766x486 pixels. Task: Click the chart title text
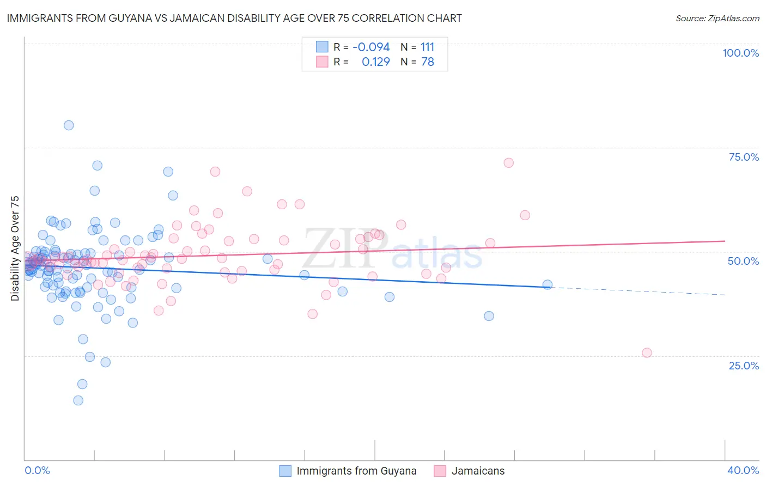[234, 18]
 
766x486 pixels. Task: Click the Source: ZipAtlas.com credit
[717, 18]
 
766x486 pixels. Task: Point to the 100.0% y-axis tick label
[740, 53]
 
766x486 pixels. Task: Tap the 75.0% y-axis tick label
[744, 157]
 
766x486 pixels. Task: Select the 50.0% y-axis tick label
[743, 261]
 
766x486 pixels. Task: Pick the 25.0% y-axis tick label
[744, 365]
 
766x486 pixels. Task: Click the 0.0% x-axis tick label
[37, 470]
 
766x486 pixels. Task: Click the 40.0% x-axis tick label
[743, 470]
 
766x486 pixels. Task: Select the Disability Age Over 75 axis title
[15, 248]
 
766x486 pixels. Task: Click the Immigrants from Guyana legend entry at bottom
[356, 471]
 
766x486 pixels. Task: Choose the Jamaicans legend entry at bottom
[478, 471]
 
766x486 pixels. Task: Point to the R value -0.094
[371, 47]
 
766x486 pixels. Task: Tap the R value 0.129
[375, 62]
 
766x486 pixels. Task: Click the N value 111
[427, 47]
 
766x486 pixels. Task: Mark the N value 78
[427, 62]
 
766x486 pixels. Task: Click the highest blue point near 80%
[69, 125]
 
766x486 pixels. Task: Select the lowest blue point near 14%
[78, 400]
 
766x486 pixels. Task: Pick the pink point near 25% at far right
[647, 353]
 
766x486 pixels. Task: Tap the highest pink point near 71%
[508, 162]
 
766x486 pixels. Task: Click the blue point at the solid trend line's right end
[548, 284]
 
